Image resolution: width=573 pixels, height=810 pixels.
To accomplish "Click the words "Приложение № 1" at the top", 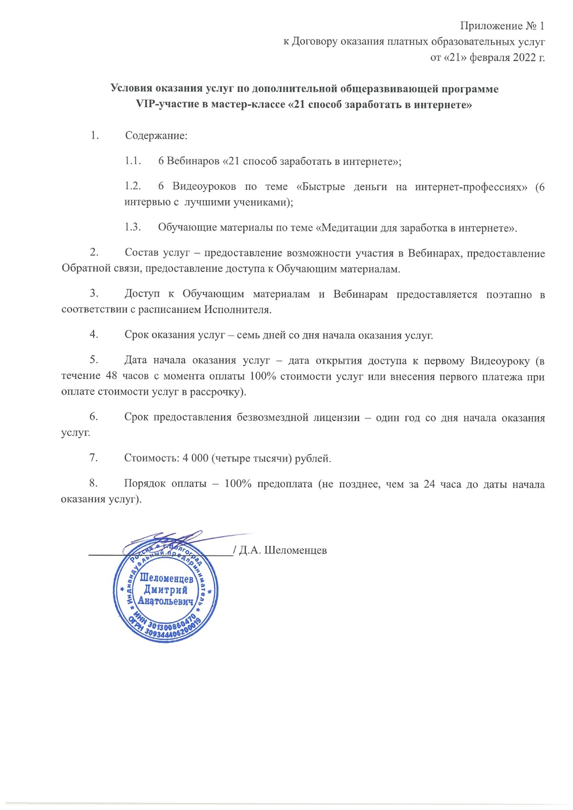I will pos(502,26).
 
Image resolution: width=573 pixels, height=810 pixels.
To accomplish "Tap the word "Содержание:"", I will pos(156,136).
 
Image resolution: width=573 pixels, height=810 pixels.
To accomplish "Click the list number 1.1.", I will pos(133,161).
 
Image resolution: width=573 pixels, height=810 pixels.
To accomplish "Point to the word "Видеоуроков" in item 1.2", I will pos(204,187).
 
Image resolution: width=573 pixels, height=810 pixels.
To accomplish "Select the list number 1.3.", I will pos(133,227).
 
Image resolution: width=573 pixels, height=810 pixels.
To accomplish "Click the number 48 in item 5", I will pos(111,376).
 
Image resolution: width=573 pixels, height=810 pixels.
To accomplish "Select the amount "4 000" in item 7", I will pos(195,458).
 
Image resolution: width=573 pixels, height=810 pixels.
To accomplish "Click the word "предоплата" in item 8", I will pos(285,484).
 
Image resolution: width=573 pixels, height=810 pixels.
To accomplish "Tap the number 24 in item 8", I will pos(429,484).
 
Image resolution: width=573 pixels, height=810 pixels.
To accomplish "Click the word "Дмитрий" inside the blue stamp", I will pos(166,590).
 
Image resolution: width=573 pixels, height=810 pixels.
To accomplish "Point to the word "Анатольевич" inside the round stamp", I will pos(166,601).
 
